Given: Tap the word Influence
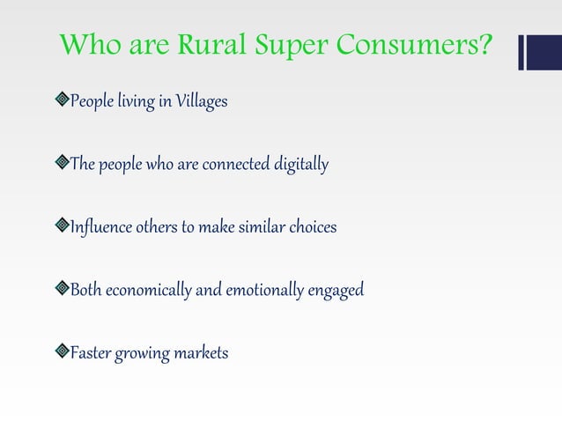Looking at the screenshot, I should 101,227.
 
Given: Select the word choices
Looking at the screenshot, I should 306,227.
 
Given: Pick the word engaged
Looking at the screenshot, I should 340,291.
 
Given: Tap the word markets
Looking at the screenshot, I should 199,353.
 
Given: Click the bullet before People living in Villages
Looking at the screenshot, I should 62,102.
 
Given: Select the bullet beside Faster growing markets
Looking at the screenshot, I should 62,353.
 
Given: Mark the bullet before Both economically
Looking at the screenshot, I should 62,290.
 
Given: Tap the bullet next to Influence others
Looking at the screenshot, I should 62,227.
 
